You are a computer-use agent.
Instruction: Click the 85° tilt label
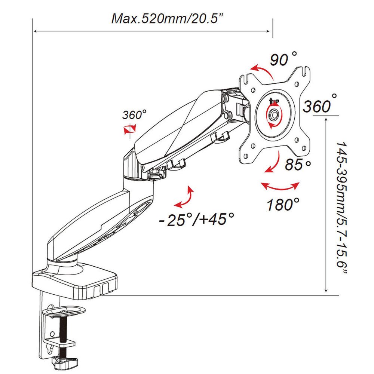click(x=298, y=164)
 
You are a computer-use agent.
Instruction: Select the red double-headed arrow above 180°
click(x=280, y=186)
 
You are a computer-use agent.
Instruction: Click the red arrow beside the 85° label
click(x=273, y=163)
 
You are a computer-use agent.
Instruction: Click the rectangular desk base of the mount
click(x=75, y=282)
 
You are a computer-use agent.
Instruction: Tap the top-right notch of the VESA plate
click(x=306, y=70)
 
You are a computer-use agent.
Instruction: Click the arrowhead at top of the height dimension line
click(x=327, y=119)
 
